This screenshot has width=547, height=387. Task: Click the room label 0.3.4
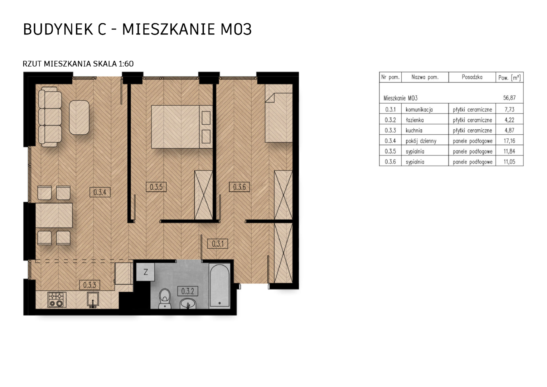point(100,192)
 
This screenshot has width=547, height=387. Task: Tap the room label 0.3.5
point(156,187)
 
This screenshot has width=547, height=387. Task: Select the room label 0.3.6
point(239,187)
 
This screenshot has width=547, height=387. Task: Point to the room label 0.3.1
point(218,244)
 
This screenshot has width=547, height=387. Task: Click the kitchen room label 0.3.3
point(89,285)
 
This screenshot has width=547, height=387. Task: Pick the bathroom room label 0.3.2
point(188,291)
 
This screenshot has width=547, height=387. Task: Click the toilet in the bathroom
point(165,299)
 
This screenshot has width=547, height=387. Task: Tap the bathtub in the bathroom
point(219,286)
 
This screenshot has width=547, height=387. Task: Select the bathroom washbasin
point(188,304)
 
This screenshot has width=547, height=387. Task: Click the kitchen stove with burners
point(57,300)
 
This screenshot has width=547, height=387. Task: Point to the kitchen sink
point(93,300)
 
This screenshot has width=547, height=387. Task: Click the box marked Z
point(146,272)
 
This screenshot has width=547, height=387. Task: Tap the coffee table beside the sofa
point(79,118)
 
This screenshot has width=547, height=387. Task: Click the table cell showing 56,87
point(509,98)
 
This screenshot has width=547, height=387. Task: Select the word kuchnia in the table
point(414,130)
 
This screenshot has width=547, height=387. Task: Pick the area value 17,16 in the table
point(509,141)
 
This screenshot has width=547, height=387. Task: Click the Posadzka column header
point(472,77)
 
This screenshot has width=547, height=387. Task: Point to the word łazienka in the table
point(415,120)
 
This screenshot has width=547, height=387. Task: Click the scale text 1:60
point(126,64)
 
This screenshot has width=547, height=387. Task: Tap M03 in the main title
point(236,29)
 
